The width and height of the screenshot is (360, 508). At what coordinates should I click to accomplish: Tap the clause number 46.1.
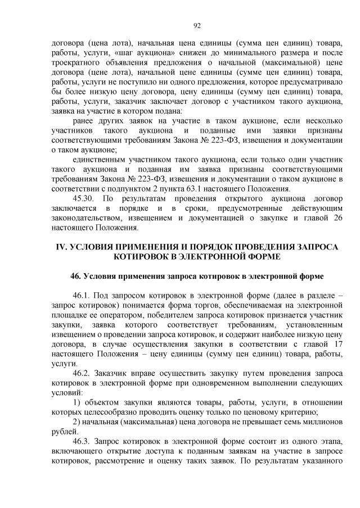coord(82,295)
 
